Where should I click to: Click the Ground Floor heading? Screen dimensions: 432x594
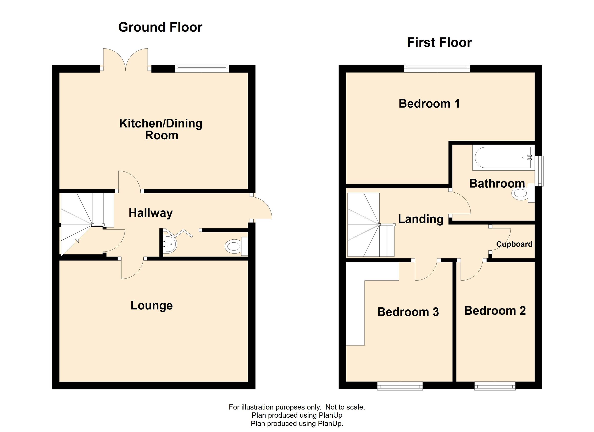tap(160, 27)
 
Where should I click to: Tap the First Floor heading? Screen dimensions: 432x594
tap(439, 43)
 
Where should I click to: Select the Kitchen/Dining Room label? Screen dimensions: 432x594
tap(161, 129)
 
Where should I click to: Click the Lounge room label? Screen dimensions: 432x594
tap(152, 305)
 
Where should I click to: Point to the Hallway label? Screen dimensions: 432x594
tap(150, 213)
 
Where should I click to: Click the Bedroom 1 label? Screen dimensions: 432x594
tap(429, 103)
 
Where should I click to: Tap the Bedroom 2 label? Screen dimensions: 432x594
tap(495, 310)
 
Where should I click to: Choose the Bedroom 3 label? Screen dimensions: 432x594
tap(408, 312)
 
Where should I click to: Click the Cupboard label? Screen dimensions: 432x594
tap(514, 244)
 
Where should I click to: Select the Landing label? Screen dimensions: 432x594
tap(421, 219)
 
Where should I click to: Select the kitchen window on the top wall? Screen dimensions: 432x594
tap(202, 68)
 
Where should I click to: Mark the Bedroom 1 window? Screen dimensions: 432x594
tap(437, 68)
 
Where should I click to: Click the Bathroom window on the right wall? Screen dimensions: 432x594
tap(539, 171)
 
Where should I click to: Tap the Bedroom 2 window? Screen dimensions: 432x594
tap(495, 386)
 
